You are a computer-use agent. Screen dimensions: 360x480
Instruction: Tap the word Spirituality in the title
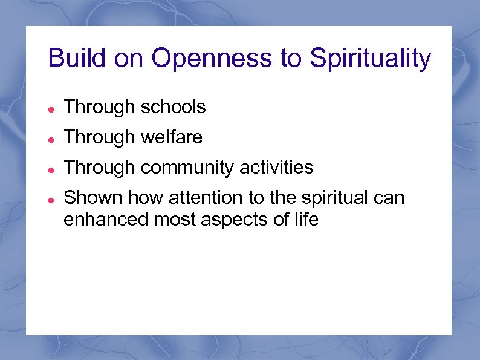tap(370, 59)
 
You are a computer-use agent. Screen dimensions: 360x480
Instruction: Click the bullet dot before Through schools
tap(52, 109)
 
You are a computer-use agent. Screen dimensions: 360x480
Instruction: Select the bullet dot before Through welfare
tap(52, 139)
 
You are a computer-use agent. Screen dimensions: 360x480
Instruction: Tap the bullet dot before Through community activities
tap(52, 169)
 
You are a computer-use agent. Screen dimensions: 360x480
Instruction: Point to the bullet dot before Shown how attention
tap(52, 199)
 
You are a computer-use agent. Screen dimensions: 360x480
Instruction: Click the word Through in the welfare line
tap(100, 137)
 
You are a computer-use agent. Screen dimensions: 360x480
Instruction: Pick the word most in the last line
tap(174, 219)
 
